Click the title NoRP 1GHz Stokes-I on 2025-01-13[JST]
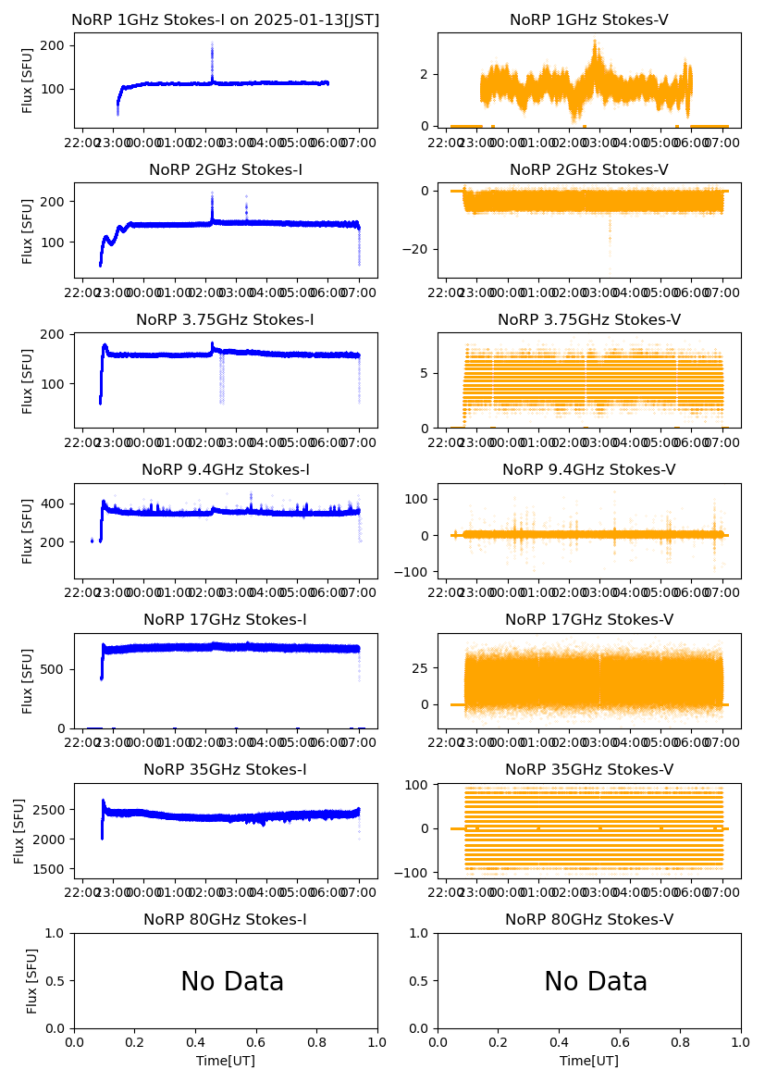click(x=226, y=20)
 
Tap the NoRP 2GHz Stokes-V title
click(x=589, y=170)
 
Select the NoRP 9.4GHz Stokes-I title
click(x=226, y=470)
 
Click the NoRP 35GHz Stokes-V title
click(x=589, y=770)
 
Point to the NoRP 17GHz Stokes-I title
click(x=226, y=620)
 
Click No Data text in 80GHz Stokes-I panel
click(x=232, y=982)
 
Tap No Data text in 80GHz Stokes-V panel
click(x=596, y=982)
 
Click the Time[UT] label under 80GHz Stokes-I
click(x=226, y=1061)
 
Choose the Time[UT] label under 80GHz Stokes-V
click(x=589, y=1061)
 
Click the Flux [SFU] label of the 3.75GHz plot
click(x=28, y=381)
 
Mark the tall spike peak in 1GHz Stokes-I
click(x=212, y=44)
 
